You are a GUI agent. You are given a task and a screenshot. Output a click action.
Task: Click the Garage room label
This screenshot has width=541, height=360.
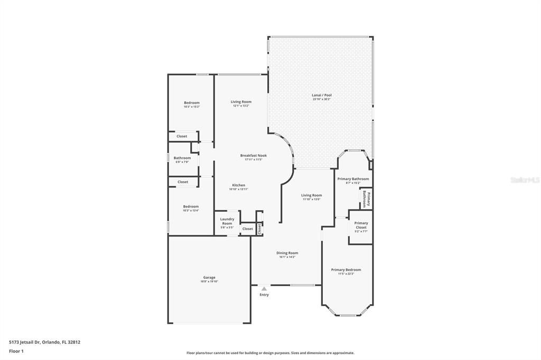coord(209,277)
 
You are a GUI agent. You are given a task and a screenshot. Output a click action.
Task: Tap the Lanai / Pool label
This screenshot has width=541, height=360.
coord(322,95)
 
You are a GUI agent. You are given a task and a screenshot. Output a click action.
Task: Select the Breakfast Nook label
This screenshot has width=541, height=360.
coord(254,155)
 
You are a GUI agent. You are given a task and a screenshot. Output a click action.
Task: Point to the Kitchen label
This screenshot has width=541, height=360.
coord(238,185)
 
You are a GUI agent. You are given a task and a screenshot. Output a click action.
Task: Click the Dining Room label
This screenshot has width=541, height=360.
coord(287,253)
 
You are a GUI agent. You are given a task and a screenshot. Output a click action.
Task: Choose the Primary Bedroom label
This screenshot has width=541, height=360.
coord(346,270)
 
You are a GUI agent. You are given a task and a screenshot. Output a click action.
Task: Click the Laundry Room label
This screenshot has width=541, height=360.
coord(227,221)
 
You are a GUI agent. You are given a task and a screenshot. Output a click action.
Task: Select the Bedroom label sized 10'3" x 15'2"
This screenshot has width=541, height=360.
coord(192,102)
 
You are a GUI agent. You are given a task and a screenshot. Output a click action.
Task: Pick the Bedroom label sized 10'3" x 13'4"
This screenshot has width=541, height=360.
coord(191,206)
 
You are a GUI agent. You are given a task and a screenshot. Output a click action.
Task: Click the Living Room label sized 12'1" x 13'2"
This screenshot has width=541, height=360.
coord(241,101)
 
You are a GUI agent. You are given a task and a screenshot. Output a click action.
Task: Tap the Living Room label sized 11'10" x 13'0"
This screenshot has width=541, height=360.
coord(312,195)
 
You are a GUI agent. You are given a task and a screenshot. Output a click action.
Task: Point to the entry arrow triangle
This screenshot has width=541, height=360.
coord(264,288)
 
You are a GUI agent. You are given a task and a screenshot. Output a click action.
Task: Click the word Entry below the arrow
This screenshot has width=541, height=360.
coord(264,295)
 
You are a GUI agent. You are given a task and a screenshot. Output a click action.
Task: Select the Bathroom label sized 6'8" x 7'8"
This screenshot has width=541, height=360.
coord(182,158)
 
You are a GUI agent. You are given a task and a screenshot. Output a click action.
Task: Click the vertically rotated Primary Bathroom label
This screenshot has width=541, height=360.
coord(366,200)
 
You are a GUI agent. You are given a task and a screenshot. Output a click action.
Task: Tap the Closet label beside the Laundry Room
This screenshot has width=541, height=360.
coord(247,229)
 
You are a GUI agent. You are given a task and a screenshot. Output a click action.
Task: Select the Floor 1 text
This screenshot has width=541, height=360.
coord(16,350)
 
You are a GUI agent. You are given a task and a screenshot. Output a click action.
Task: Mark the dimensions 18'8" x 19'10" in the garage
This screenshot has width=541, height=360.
coord(209,281)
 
